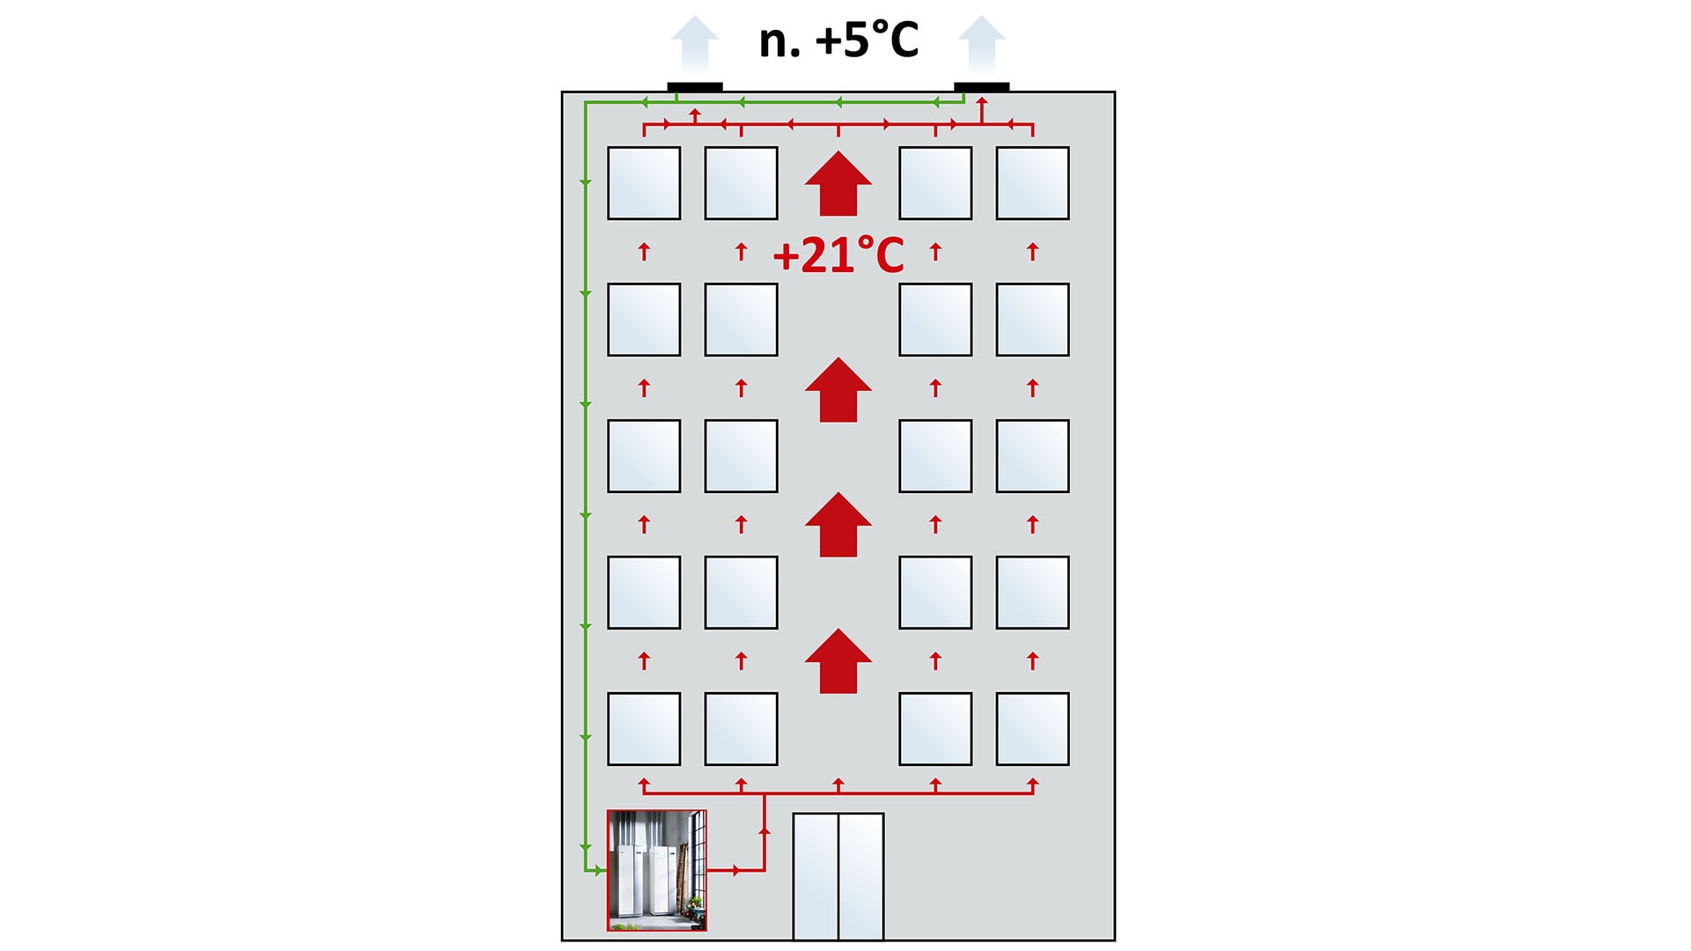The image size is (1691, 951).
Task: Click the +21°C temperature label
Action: (x=838, y=255)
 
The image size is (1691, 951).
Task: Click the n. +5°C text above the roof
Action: (x=838, y=41)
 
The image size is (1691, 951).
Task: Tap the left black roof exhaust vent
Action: (x=695, y=86)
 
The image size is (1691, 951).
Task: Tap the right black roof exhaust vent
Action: (x=981, y=86)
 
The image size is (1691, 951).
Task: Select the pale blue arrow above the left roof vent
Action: (x=695, y=44)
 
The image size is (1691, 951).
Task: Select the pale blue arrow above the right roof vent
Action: (x=981, y=44)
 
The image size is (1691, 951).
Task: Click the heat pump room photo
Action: (x=657, y=870)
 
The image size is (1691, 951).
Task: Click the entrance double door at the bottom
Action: (x=838, y=876)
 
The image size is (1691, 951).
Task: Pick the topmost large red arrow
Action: (x=838, y=184)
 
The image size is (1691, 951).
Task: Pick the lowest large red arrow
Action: (x=838, y=661)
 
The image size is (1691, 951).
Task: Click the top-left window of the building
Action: (x=644, y=183)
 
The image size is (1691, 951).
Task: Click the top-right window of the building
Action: (x=1032, y=183)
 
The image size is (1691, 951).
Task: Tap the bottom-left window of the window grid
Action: (x=644, y=729)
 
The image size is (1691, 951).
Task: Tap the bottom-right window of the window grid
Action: (x=1032, y=729)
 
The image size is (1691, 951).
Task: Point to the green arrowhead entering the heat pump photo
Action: (x=599, y=871)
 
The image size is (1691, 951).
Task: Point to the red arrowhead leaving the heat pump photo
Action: (x=736, y=871)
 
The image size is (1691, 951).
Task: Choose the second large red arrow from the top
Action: (x=838, y=390)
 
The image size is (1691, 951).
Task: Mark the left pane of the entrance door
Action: (x=816, y=876)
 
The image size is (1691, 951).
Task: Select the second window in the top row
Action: (x=741, y=183)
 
